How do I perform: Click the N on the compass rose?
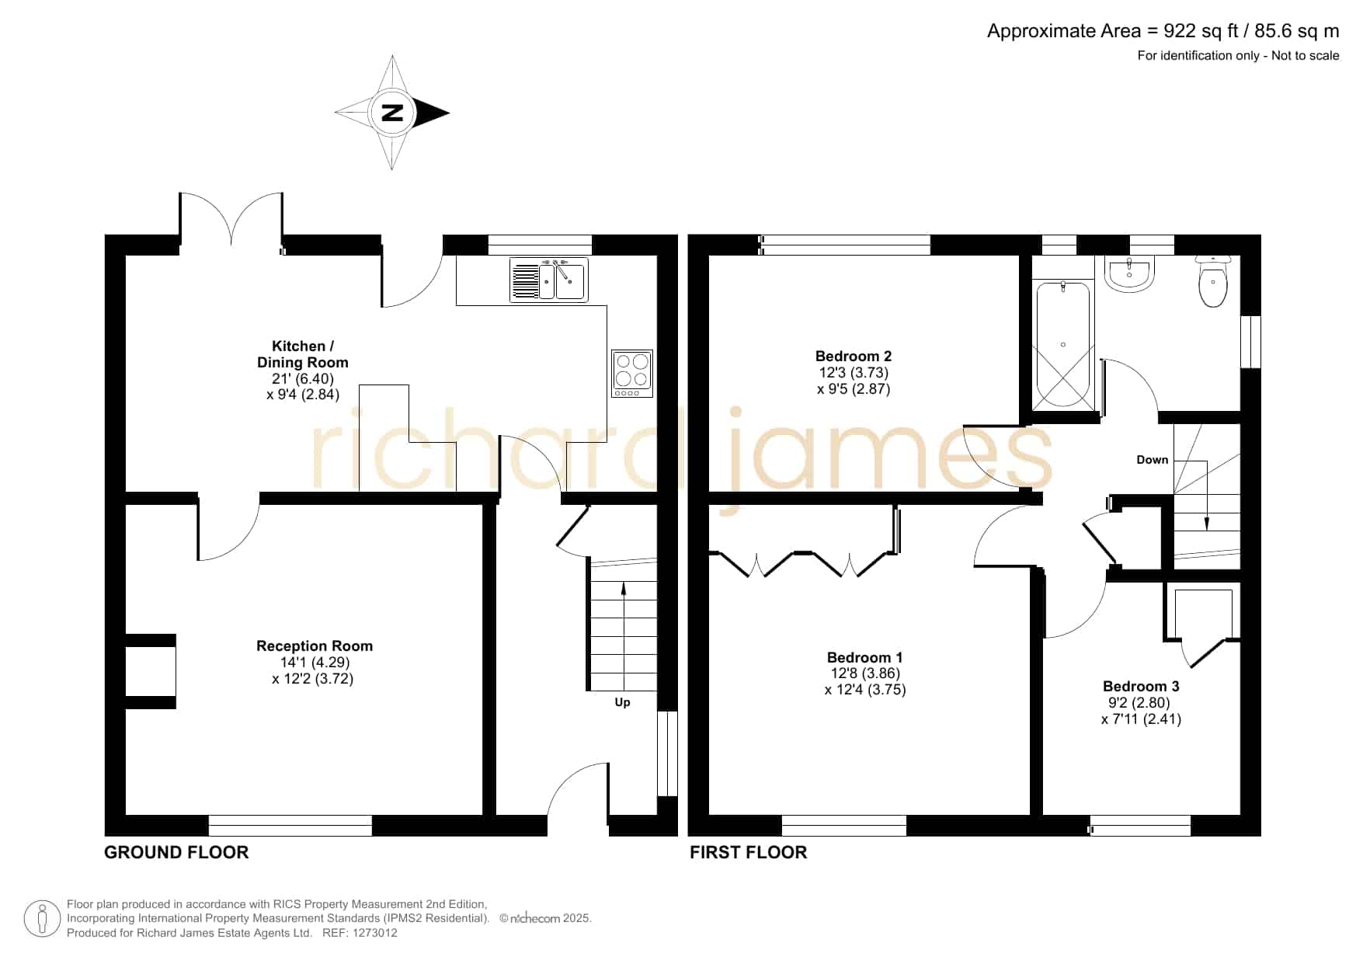[392, 113]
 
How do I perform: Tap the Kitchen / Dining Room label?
[302, 354]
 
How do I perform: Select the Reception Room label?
[315, 646]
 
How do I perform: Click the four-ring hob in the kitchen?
[632, 374]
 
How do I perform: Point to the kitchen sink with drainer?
[548, 280]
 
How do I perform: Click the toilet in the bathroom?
[1212, 281]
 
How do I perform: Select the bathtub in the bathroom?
[1062, 345]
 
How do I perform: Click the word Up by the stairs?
[622, 702]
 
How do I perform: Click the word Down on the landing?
[1152, 460]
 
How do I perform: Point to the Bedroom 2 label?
[854, 356]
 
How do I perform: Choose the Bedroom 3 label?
[1141, 686]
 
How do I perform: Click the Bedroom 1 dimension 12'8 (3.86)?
[865, 673]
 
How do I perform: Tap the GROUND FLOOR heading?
[176, 852]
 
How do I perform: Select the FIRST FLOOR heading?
[749, 852]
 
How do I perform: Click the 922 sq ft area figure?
[1201, 31]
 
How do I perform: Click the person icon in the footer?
[42, 919]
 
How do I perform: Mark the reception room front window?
[290, 826]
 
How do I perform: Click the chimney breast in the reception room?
[151, 671]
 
